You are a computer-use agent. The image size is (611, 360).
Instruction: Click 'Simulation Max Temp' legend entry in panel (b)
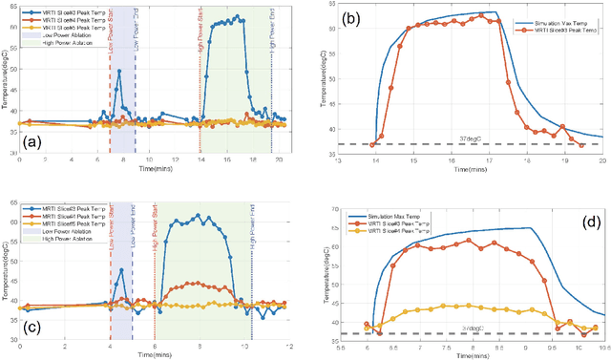pyautogui.click(x=557, y=19)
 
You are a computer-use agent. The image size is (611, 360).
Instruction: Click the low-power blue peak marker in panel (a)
pyautogui.click(x=119, y=70)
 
